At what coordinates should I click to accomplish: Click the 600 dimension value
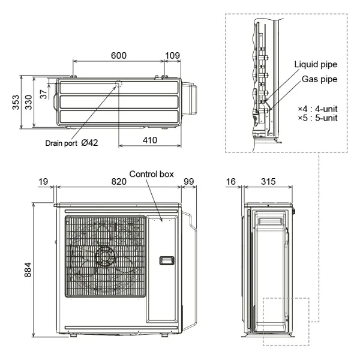pos(119,55)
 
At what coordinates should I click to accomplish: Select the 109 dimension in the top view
pos(172,55)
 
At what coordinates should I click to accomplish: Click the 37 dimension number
pos(43,94)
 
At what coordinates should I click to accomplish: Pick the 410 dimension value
pos(150,140)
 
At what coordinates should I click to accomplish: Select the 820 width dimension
pos(119,181)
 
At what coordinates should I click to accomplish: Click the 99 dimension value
pos(189,181)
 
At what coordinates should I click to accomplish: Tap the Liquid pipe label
pos(316,64)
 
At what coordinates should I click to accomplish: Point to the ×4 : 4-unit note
pos(317,109)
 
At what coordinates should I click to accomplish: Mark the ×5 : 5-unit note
pos(317,118)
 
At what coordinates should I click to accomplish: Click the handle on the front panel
pos(166,260)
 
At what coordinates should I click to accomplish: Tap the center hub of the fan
pos(105,257)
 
